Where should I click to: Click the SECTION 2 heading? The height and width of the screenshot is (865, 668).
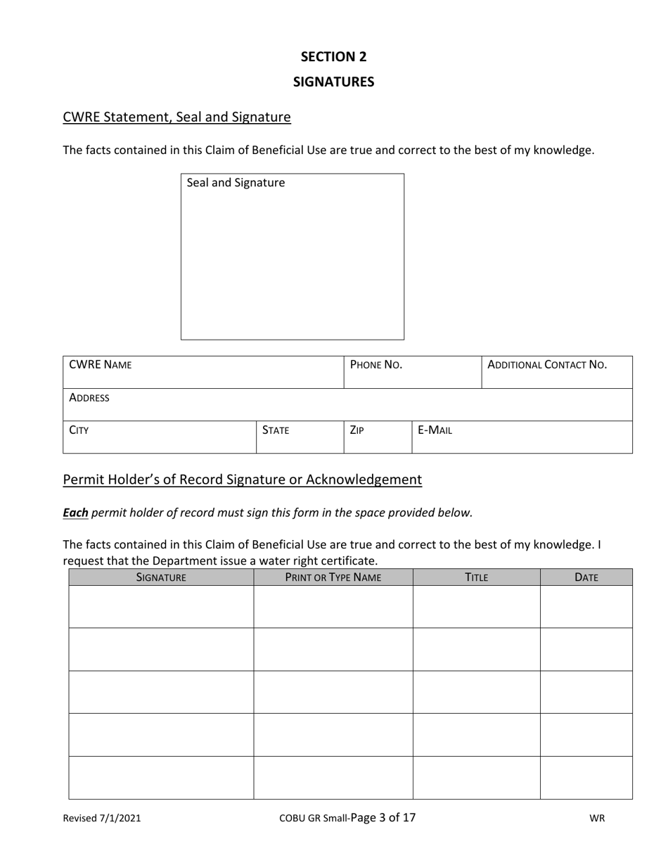coord(333,56)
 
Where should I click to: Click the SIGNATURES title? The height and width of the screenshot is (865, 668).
coord(333,82)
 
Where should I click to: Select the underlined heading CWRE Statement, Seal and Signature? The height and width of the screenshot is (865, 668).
coord(176,117)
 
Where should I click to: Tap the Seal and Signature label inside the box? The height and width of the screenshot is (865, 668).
coord(236,183)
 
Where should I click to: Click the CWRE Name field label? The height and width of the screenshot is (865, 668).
coord(100,365)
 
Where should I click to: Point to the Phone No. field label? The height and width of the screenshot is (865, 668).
coord(375,365)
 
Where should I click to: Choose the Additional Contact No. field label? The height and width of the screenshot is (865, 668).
coord(546,365)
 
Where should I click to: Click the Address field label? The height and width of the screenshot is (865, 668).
coord(89,398)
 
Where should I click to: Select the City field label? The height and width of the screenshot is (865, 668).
coord(79,430)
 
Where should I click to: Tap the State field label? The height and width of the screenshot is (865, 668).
coord(275,430)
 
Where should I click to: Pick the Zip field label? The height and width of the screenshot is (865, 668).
coord(357,430)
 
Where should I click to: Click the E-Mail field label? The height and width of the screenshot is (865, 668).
coord(435,430)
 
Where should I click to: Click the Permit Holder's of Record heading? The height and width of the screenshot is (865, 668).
coord(242,480)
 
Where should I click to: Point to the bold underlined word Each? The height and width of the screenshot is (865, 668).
coord(75,513)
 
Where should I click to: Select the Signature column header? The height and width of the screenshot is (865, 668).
coord(161,577)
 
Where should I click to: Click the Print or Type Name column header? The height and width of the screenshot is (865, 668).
coord(333,577)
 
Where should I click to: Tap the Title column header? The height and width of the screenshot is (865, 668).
coord(476,577)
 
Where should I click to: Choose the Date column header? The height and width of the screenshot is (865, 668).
coord(586,577)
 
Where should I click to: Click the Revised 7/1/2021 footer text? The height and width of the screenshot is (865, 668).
coord(101,818)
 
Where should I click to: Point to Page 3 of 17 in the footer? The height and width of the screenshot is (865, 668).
coord(383,817)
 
